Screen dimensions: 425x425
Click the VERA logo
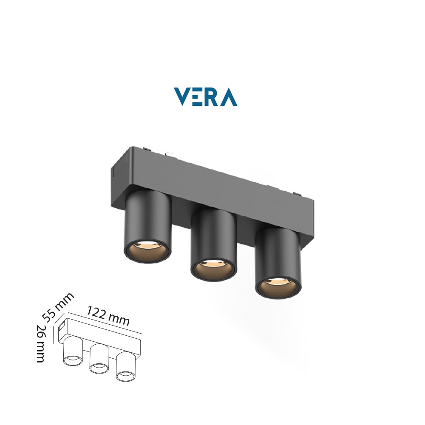point(205,97)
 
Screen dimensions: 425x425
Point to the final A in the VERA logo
point(228,97)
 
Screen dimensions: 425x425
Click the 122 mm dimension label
point(108,316)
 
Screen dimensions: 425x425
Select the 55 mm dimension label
point(58,307)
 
